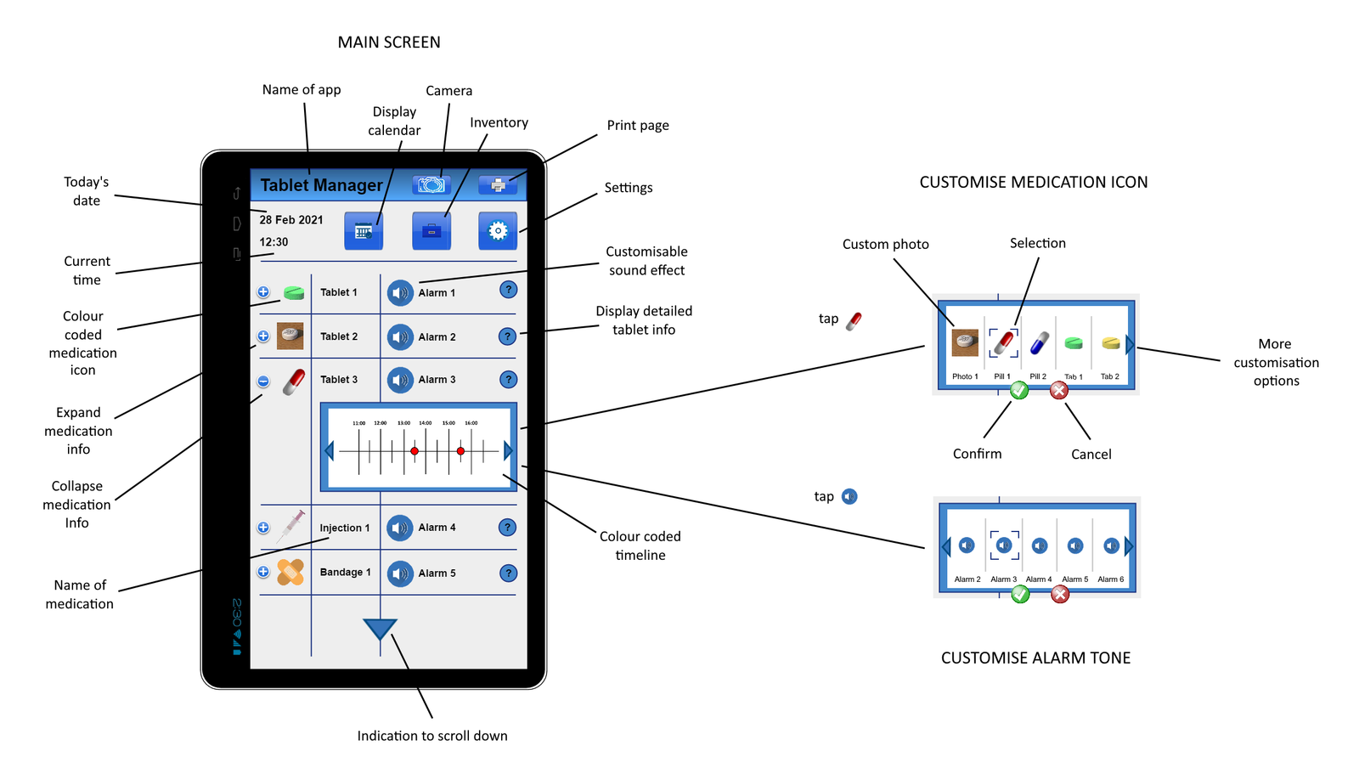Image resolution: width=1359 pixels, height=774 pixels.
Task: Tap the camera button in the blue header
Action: [x=431, y=184]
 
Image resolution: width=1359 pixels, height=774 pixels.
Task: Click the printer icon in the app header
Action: [x=498, y=184]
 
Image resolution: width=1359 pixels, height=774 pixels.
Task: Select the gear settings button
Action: [x=498, y=230]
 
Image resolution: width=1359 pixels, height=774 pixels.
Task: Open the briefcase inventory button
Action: [x=431, y=230]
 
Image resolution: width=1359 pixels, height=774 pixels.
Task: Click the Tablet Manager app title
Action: [x=321, y=185]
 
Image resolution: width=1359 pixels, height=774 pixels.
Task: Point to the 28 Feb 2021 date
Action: [x=291, y=220]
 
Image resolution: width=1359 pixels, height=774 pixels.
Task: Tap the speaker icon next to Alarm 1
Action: [x=400, y=293]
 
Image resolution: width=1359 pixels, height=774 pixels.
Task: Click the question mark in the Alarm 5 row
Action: [x=508, y=573]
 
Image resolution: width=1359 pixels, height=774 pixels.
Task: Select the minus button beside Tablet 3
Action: [x=263, y=381]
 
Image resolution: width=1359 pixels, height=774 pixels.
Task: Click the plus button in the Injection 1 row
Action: [x=263, y=528]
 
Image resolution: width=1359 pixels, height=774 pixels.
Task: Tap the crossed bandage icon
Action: [x=290, y=572]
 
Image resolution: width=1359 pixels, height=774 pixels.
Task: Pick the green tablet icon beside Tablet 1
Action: [x=294, y=293]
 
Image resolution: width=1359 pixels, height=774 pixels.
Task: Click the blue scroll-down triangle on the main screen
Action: [x=380, y=629]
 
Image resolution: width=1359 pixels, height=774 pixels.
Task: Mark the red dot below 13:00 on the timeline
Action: [x=414, y=451]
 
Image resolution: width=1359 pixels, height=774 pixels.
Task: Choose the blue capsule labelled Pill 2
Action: [x=1039, y=344]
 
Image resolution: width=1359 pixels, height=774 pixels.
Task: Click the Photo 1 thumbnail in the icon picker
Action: [x=965, y=343]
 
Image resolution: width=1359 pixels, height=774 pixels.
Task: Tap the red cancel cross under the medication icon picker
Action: [x=1058, y=390]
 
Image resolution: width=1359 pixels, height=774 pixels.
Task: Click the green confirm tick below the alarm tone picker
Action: [x=1020, y=594]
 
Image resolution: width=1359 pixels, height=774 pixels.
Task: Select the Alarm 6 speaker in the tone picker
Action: [x=1111, y=545]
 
